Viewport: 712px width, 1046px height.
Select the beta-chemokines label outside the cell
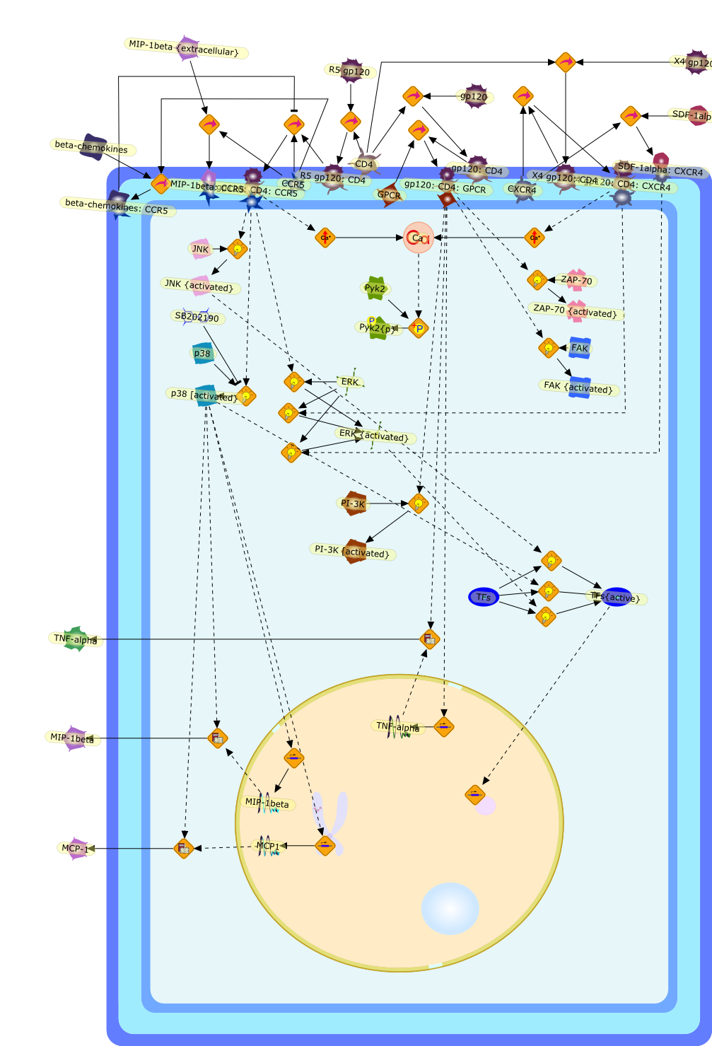point(92,147)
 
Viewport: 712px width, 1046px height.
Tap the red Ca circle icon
point(418,238)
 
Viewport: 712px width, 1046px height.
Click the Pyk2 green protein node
point(375,288)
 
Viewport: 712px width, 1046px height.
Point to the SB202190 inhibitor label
point(197,318)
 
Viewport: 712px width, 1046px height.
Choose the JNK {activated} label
point(199,286)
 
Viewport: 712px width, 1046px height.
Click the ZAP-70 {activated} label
point(575,311)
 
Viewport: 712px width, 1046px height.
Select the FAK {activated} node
point(578,387)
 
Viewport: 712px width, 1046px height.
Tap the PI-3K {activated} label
point(353,552)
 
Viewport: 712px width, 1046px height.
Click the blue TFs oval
point(484,597)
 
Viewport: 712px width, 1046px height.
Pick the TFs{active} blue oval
point(617,597)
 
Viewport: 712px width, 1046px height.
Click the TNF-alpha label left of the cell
point(76,639)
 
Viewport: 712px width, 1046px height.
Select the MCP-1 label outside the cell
point(76,848)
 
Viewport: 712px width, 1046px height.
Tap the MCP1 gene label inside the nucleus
point(268,846)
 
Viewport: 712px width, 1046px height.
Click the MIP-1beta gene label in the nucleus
point(267,803)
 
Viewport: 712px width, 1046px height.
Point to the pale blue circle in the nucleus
point(450,908)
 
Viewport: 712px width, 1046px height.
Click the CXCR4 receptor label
point(523,190)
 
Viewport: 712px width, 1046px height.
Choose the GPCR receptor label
point(389,195)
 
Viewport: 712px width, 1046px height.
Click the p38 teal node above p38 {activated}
point(202,354)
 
